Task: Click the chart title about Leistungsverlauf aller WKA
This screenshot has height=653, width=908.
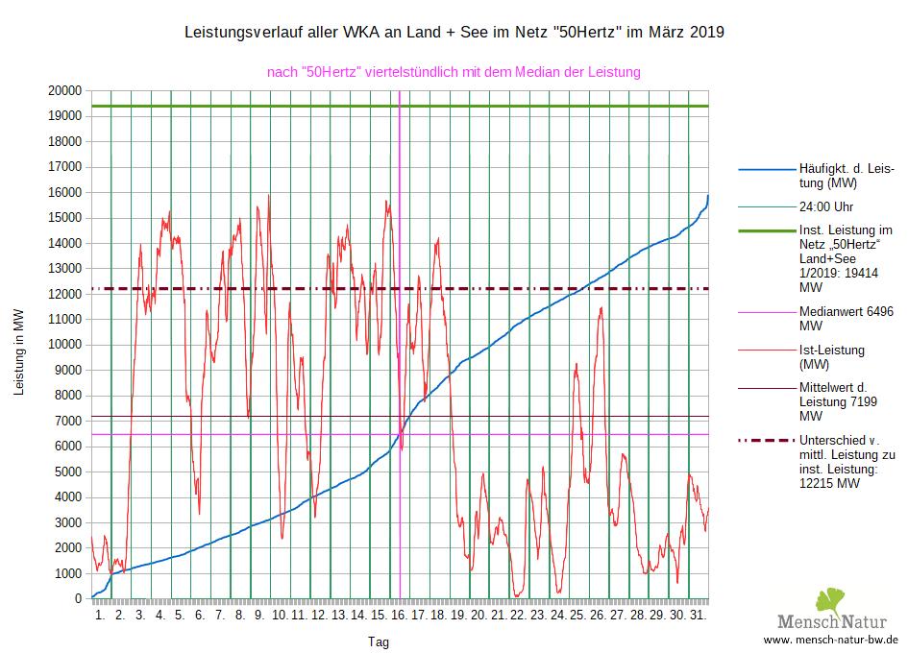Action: [x=454, y=33]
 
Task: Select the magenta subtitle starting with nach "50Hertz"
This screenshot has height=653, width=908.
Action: [x=454, y=72]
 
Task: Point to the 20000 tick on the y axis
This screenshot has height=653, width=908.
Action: [x=64, y=91]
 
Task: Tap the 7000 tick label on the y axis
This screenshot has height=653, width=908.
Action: [x=68, y=422]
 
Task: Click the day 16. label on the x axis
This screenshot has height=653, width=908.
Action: [x=399, y=614]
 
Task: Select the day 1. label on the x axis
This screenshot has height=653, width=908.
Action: [x=100, y=614]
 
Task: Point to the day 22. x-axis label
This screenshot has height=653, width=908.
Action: [x=518, y=614]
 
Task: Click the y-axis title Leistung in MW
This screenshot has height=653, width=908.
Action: [x=18, y=351]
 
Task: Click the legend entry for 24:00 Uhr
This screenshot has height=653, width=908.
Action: [x=826, y=206]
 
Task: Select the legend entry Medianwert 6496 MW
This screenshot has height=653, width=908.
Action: [x=847, y=319]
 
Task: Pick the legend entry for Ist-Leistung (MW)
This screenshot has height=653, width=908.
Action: [x=832, y=357]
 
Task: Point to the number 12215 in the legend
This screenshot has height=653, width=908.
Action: [x=819, y=483]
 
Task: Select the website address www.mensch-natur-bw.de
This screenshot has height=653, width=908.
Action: [x=830, y=639]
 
